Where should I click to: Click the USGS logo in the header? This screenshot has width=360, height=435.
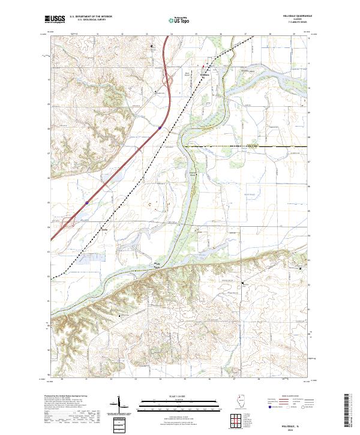coord(55,19)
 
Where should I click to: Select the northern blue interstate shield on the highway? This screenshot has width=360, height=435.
coord(160,127)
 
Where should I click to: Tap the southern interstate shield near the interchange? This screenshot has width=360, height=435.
coord(86,203)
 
